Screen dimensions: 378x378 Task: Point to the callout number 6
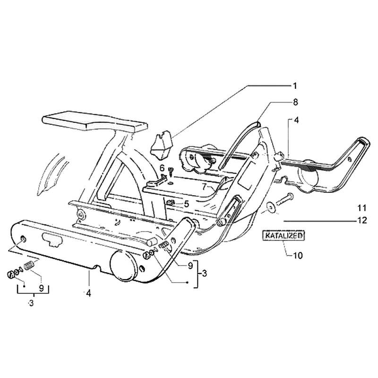[x=161, y=168]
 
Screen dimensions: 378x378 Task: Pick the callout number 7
[x=204, y=187]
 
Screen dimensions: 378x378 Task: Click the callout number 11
[x=362, y=207]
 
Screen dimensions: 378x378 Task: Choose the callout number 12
[x=362, y=220]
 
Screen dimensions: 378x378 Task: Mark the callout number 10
[x=298, y=256]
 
